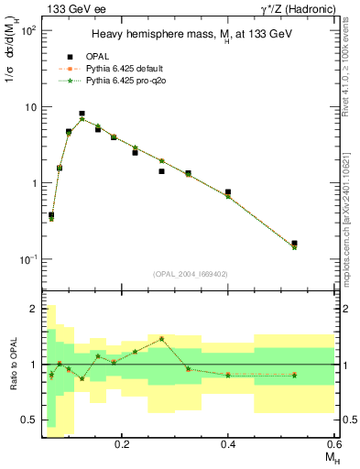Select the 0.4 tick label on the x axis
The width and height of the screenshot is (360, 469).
[x=228, y=443]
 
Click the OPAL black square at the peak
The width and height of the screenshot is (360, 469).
[x=82, y=114]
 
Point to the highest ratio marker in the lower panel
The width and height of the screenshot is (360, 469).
[x=161, y=338]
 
